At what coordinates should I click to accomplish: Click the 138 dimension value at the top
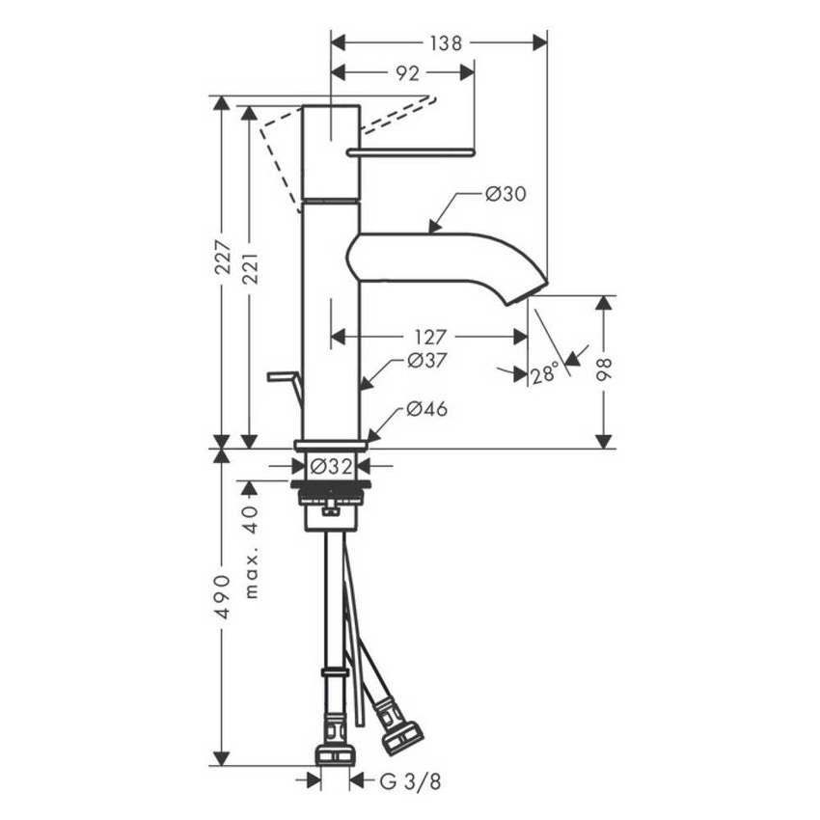tap(446, 42)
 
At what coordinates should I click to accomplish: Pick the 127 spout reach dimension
tap(430, 337)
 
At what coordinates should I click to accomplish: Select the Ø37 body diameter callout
tap(425, 360)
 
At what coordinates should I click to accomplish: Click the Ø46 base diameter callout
tap(425, 409)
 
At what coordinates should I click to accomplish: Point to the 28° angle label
tap(545, 374)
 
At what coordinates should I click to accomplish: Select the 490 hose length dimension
tap(222, 599)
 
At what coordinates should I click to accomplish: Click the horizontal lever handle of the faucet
tap(415, 150)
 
